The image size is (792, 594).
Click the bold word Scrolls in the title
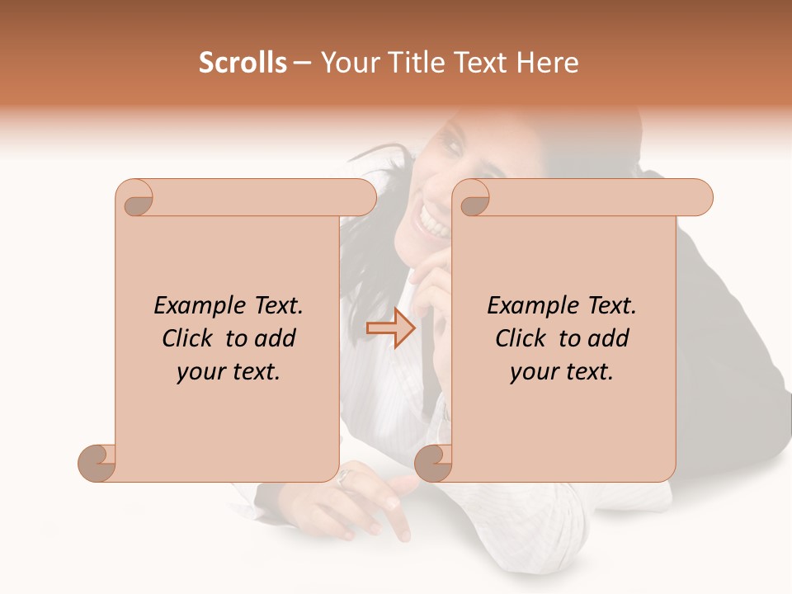point(243,63)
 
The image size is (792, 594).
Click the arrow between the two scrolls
point(390,328)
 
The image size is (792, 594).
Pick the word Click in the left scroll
point(189,339)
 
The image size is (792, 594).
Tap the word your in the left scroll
point(200,372)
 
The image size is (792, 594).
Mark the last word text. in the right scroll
point(587,372)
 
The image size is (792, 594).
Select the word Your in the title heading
point(347,63)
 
